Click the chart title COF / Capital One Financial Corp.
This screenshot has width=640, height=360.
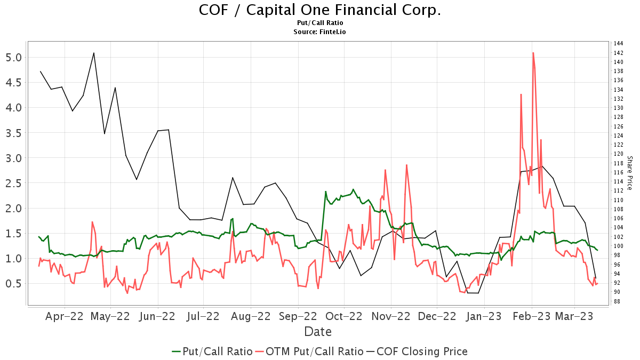(319, 10)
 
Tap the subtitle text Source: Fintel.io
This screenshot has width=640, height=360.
(319, 32)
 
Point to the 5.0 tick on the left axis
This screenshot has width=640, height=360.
(14, 58)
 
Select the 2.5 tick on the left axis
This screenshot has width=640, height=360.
(14, 183)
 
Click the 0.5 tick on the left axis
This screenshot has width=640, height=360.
(14, 283)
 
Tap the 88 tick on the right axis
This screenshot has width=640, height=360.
(617, 301)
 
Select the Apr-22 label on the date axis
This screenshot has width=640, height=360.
(65, 316)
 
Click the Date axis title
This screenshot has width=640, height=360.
(318, 332)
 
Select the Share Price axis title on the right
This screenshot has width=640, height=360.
(629, 173)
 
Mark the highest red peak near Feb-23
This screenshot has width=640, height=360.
(533, 52)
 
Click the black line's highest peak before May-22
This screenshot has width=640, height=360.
(94, 53)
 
